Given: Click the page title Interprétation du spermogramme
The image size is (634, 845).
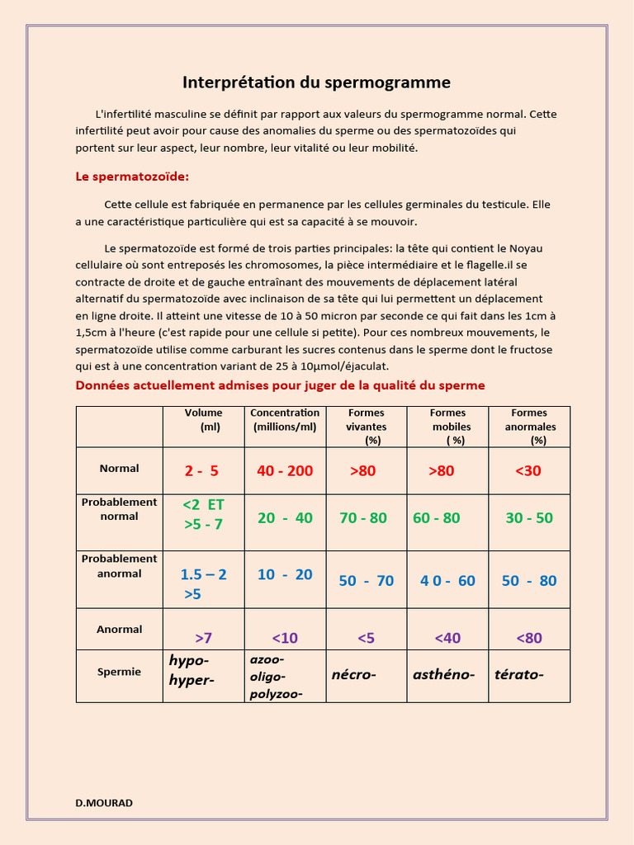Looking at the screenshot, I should click(x=316, y=83).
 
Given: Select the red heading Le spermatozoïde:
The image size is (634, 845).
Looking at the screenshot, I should click(x=132, y=177).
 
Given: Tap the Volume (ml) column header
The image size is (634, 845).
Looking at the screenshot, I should click(x=203, y=420).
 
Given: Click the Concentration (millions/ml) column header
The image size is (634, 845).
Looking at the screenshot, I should click(x=285, y=420).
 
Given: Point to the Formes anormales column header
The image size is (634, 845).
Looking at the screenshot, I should click(x=530, y=427).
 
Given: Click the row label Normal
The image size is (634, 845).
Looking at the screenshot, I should click(x=119, y=469).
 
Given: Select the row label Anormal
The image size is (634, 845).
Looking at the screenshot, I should click(x=119, y=630).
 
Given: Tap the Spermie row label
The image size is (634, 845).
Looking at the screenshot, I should click(x=119, y=672).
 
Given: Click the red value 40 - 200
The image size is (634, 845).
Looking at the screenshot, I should click(x=285, y=471).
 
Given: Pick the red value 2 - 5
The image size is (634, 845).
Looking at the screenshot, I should click(x=201, y=471).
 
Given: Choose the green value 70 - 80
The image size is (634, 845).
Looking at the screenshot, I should click(x=363, y=518).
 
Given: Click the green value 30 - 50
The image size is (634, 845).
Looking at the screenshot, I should click(x=529, y=518).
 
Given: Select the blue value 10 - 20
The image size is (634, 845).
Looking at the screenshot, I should click(x=285, y=574).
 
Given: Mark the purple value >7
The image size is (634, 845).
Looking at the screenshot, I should click(x=203, y=638).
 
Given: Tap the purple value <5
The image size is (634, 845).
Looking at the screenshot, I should click(x=366, y=638).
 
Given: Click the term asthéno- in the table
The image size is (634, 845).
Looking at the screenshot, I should click(x=443, y=675).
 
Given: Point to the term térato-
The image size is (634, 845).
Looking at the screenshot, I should click(x=518, y=675).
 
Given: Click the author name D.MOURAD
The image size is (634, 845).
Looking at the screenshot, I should click(x=104, y=803).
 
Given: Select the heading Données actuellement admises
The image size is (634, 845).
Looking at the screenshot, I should click(x=280, y=385).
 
